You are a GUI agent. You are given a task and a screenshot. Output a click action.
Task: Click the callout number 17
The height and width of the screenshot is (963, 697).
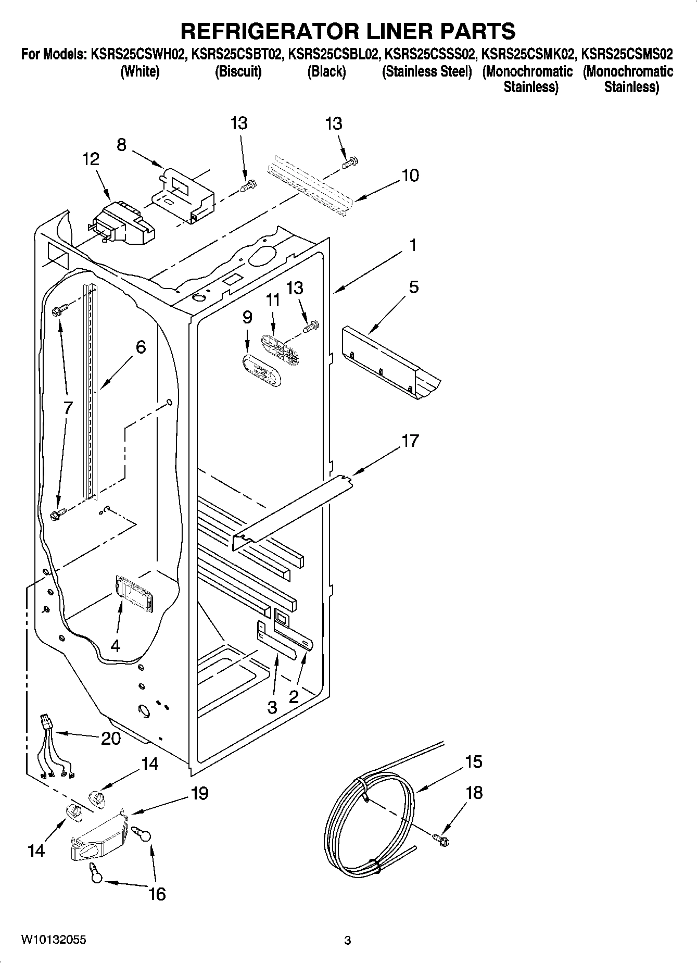pos(410,441)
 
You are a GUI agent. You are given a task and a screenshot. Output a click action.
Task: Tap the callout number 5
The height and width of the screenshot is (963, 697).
pos(413,287)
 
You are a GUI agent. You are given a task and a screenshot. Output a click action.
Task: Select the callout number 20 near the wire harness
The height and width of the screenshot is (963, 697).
pos(111,738)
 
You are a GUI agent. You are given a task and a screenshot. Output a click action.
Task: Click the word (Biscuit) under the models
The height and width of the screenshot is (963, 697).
pos(238,71)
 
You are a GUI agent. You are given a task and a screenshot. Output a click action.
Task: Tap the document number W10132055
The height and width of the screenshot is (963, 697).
pos(54,940)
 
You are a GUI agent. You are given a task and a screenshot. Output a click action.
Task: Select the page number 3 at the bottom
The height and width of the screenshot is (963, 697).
pos(348,940)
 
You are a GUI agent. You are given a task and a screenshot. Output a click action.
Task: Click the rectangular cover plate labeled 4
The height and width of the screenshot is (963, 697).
pos(134,594)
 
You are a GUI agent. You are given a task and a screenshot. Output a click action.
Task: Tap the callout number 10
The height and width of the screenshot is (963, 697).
pos(410,176)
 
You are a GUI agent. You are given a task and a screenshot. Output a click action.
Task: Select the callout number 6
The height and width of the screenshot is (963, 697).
pos(141,347)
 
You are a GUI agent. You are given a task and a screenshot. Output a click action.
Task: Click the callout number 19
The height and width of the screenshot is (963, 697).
pos(199,793)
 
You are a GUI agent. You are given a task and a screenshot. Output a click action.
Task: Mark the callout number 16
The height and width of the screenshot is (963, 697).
pos(157,894)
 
